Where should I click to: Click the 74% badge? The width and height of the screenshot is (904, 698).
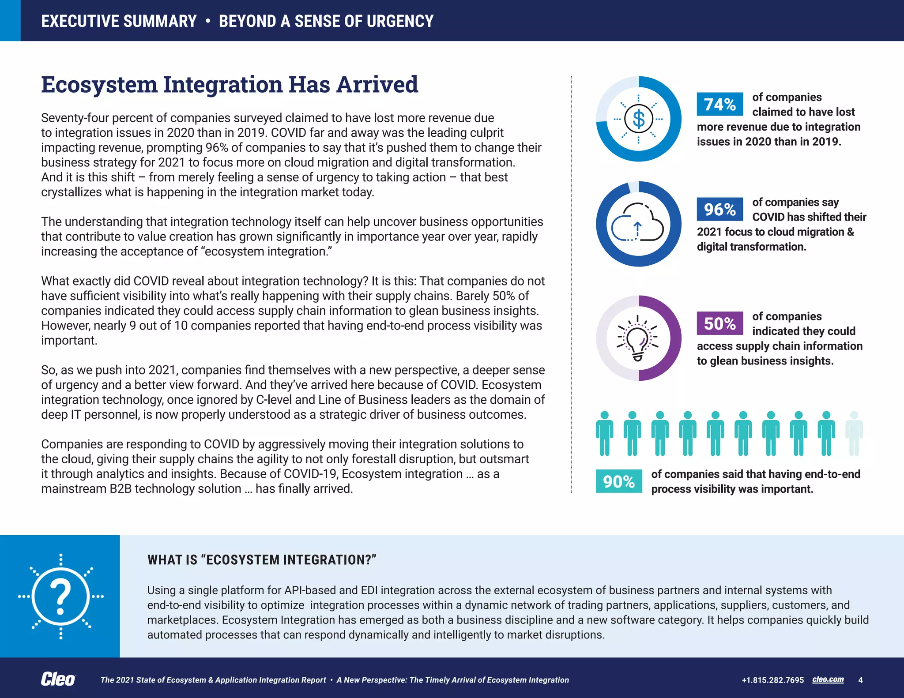[719, 104]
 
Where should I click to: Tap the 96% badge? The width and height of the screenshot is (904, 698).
[719, 209]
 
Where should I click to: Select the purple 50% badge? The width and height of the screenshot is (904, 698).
[719, 323]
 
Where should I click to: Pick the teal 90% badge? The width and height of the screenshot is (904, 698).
[619, 481]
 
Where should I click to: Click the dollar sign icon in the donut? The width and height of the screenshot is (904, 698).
[638, 119]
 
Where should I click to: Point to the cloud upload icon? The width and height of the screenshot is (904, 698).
[637, 223]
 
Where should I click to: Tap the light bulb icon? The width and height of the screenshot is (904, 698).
[637, 338]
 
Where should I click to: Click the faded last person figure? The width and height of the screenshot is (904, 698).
[854, 433]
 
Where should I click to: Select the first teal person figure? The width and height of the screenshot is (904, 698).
[604, 433]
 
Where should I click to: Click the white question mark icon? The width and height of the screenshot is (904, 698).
[60, 597]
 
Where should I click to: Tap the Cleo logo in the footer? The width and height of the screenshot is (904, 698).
[58, 679]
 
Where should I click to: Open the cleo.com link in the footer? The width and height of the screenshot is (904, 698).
[828, 679]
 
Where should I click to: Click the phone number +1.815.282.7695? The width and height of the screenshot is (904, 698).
[772, 680]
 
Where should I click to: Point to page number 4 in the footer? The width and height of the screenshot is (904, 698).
[860, 680]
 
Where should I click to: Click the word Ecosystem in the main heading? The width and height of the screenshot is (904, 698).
[99, 85]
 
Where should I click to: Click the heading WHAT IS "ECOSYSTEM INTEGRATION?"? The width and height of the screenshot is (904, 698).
[262, 560]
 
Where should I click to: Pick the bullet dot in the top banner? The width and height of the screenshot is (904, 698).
[207, 21]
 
